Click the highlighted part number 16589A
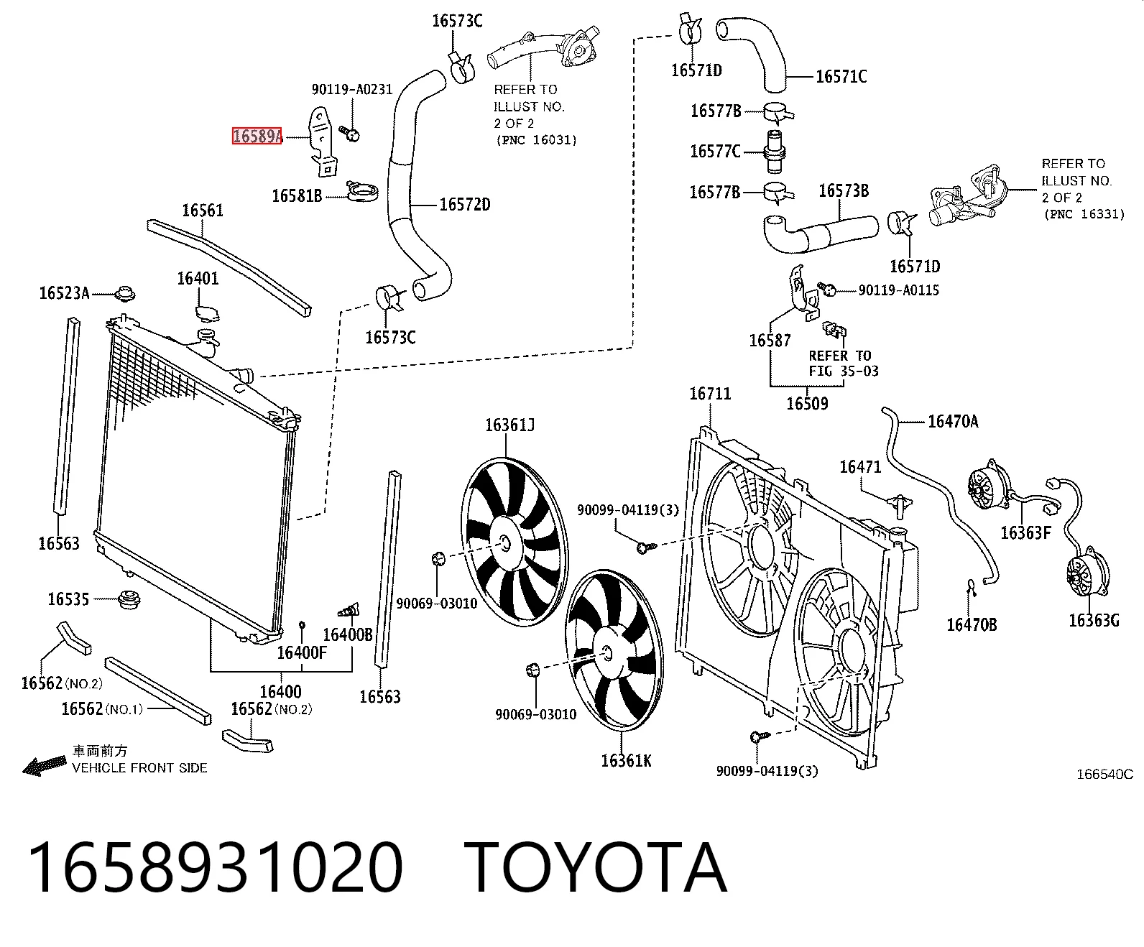click(257, 136)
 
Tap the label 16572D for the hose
click(465, 204)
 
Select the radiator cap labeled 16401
click(208, 313)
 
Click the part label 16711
click(710, 394)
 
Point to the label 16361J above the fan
click(510, 425)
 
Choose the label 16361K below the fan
click(626, 761)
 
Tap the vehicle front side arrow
click(44, 766)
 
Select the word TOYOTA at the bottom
click(596, 869)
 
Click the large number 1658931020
click(216, 869)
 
